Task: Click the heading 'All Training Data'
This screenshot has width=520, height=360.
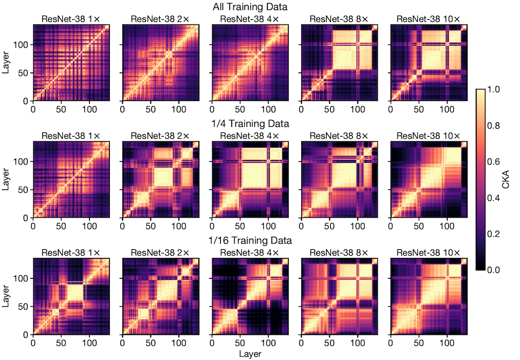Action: [250, 7]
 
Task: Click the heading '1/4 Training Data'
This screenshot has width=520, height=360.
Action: [250, 124]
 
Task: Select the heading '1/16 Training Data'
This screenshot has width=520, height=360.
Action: [250, 241]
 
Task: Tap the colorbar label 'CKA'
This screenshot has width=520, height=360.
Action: [508, 180]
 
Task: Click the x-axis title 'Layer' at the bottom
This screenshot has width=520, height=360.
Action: [250, 353]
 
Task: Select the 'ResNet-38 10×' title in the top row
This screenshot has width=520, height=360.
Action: [429, 19]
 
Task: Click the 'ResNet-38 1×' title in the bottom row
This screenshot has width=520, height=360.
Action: [71, 253]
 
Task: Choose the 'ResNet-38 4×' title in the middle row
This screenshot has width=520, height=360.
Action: [250, 135]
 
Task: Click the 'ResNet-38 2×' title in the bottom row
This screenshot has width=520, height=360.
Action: [160, 253]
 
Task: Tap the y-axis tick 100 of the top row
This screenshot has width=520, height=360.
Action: [22, 45]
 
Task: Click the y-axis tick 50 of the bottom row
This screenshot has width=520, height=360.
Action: [23, 307]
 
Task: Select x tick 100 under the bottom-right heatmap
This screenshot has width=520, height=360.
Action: [447, 342]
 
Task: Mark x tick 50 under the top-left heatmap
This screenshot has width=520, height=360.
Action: [61, 109]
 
